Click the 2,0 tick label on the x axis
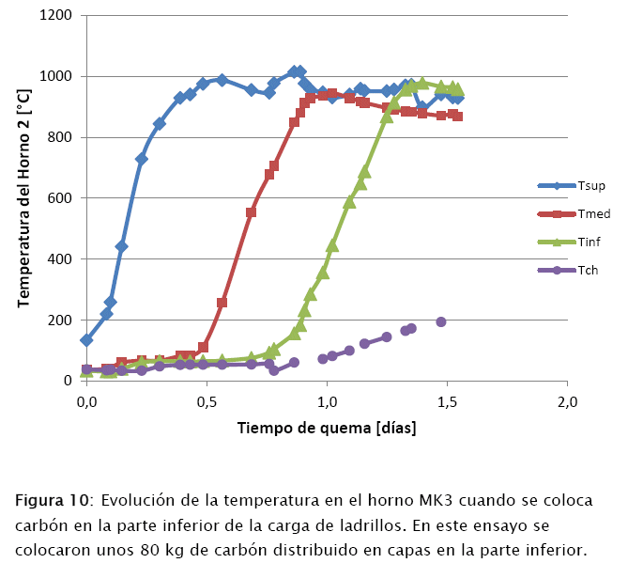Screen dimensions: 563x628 [x=567, y=402]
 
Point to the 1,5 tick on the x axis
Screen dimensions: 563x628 [x=447, y=402]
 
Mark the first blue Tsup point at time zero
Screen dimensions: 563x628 [x=87, y=339]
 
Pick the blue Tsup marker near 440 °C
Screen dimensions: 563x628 [x=121, y=246]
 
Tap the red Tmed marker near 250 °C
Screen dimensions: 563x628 [x=222, y=303]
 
